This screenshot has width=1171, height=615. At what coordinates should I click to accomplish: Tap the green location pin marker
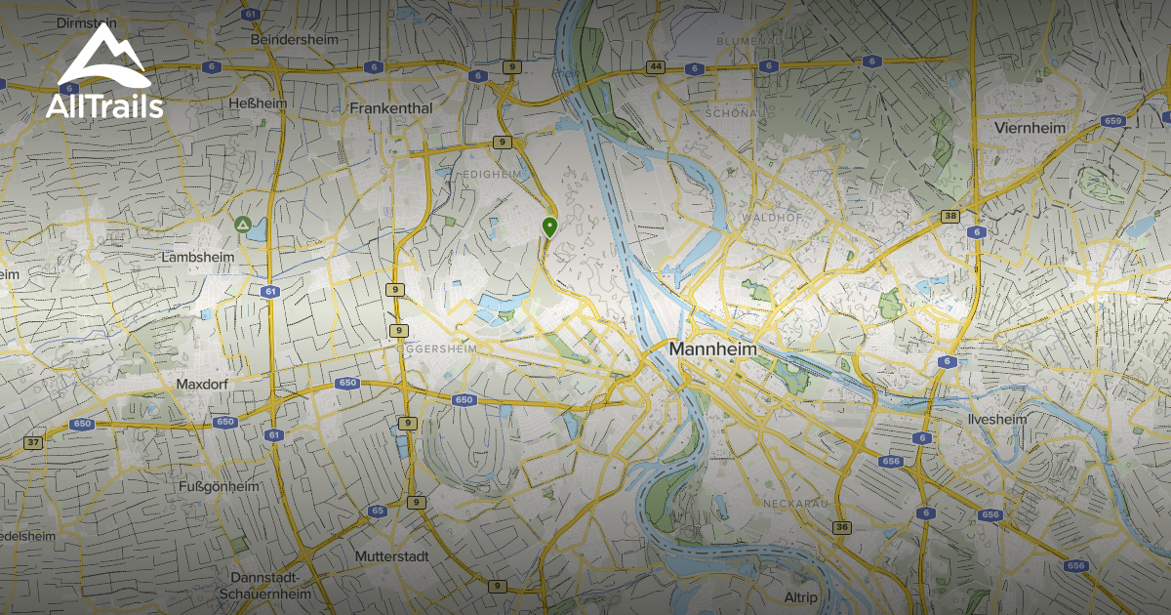(x=549, y=227)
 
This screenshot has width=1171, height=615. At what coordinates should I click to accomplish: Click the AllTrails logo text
(x=104, y=106)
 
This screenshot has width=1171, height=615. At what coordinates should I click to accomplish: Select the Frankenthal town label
(x=390, y=108)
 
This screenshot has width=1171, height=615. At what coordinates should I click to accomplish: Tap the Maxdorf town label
(x=202, y=385)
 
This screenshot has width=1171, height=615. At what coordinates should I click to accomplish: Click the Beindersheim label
(x=295, y=40)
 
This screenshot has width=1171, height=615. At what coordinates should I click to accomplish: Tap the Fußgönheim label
(x=219, y=486)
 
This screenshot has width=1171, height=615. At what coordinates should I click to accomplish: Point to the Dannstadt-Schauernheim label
(x=264, y=585)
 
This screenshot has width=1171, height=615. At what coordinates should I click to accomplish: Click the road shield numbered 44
(x=655, y=67)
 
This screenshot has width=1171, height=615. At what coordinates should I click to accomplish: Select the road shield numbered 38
(x=949, y=216)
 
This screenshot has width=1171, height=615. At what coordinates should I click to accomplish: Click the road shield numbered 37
(x=34, y=442)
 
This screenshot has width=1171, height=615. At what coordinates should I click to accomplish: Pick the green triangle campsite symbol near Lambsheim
(x=241, y=225)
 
